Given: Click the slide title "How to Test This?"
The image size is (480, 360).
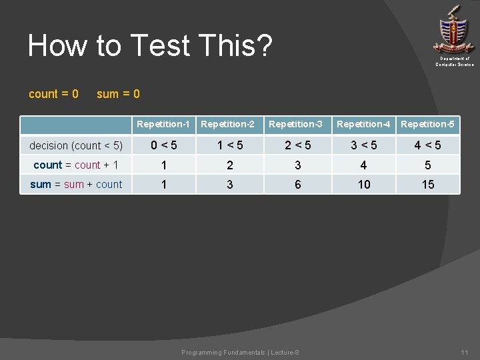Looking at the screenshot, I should coord(150,46).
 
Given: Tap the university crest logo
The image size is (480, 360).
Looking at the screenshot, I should coord(454,30).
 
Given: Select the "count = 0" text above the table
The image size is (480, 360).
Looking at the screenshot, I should coord(53,94).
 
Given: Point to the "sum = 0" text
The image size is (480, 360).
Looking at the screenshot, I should coord(118,94).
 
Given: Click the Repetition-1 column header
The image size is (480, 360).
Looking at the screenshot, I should coord(163,124).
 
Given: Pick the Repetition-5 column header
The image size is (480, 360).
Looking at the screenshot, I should coord(428,124).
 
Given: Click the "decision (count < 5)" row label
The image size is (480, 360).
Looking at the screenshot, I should coord(76,145).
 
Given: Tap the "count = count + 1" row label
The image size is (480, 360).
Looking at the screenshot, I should coord(76,165).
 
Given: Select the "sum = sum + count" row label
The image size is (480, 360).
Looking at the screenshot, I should coord(76,184).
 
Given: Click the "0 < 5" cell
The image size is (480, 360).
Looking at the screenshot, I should coord(163,145).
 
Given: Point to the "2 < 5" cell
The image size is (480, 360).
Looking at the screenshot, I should coord(297,145).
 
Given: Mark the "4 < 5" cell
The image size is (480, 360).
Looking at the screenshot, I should coord(428,145).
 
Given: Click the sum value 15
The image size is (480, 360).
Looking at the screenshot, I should coord(428,185).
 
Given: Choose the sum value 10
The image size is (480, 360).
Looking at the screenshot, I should coord(364,185).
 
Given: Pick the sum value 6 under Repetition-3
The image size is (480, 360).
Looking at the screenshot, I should coord(297,185).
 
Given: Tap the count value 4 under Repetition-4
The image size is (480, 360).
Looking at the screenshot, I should coord(364,165).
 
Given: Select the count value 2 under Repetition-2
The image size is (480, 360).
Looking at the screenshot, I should coord(230,165).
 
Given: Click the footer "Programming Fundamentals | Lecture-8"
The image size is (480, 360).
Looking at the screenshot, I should coord(240,352).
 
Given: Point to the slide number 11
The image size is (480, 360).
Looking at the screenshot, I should coord(465,352).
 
